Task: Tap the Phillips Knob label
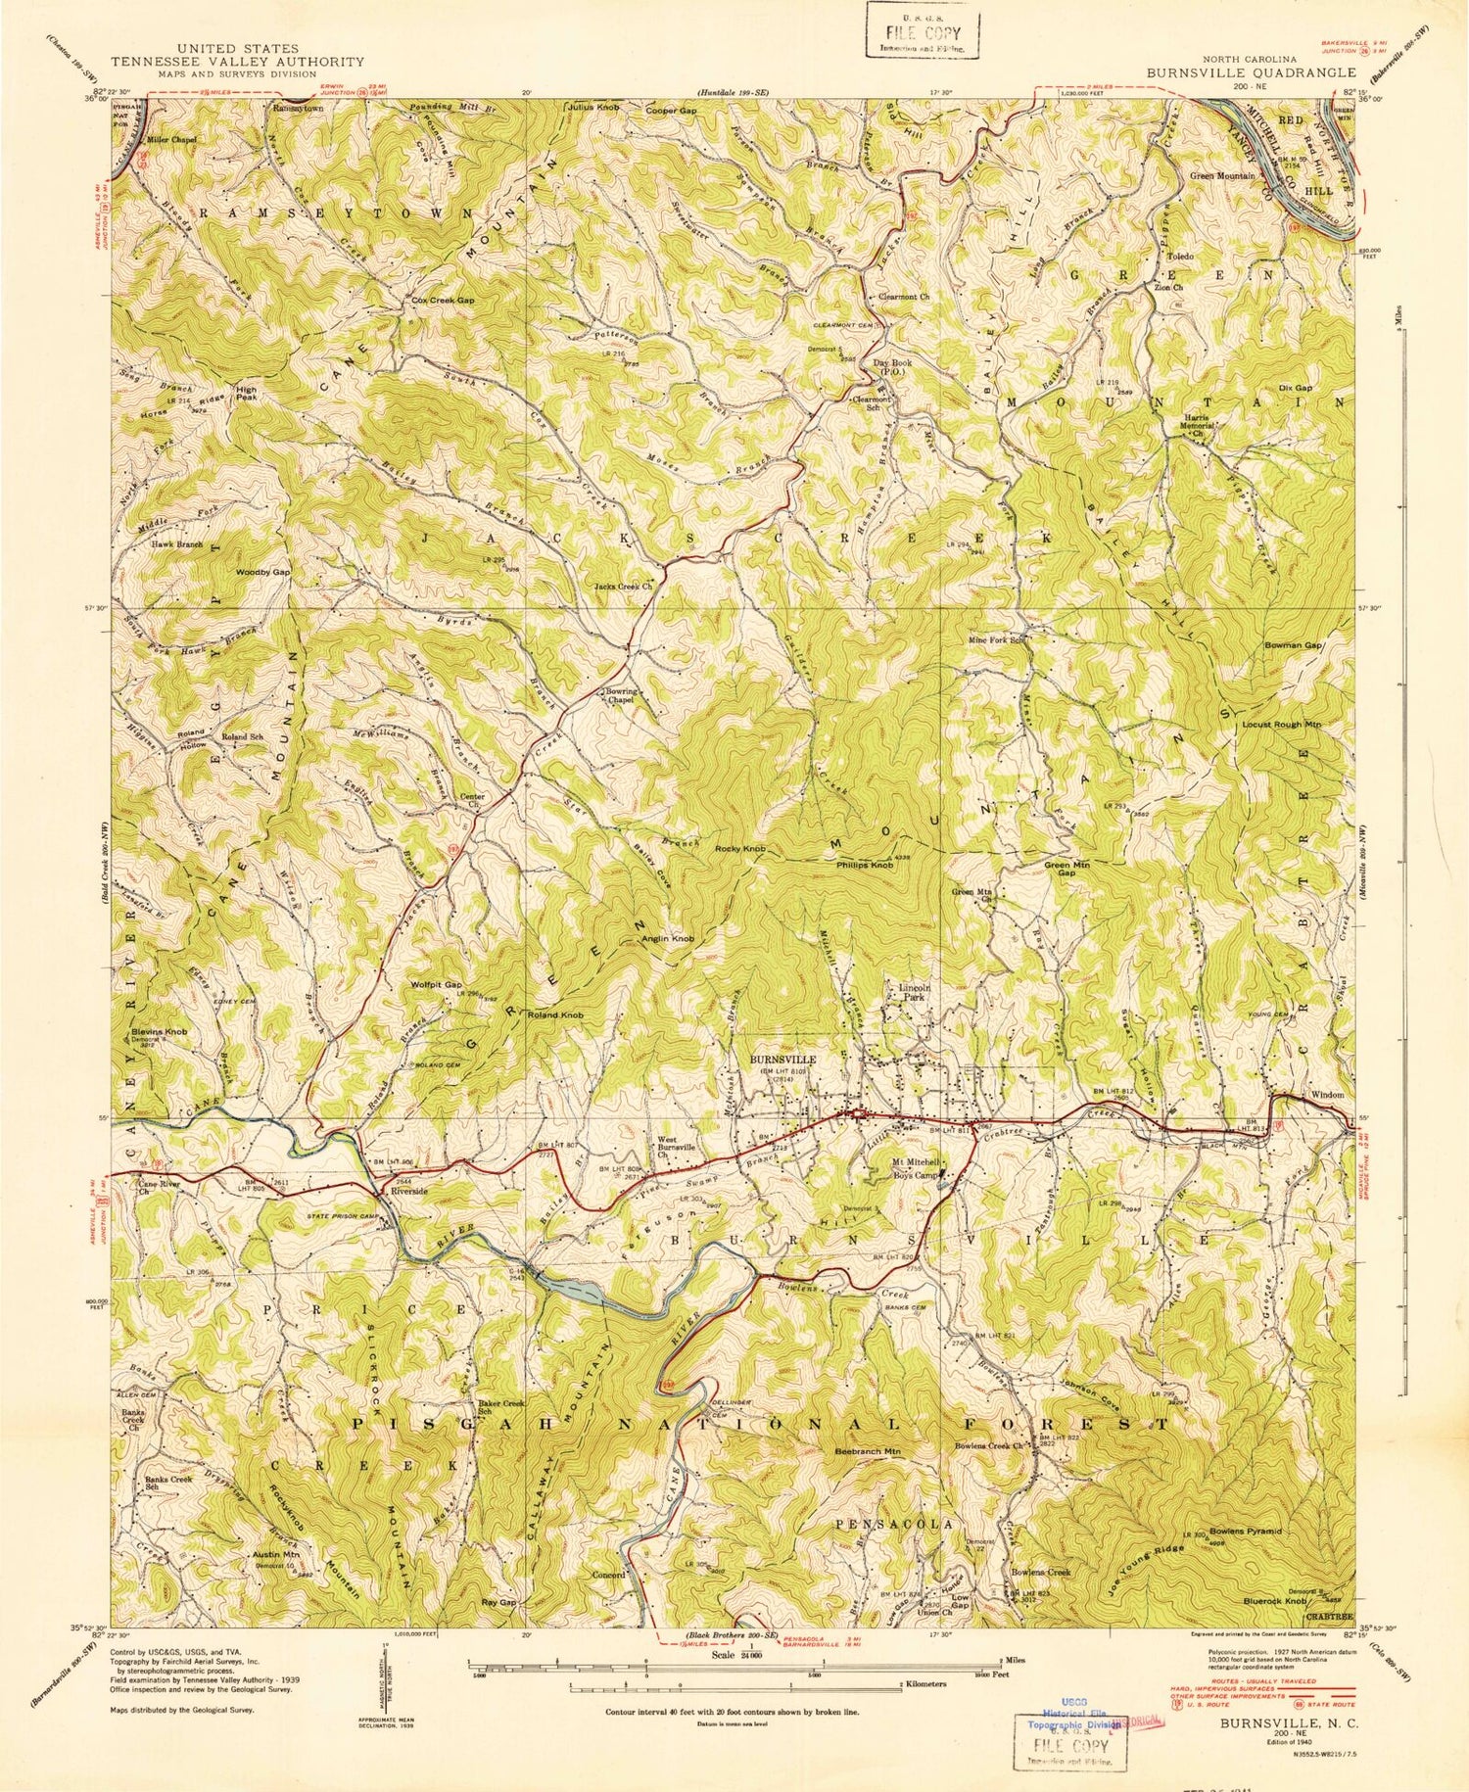point(864,866)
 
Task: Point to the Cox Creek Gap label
point(443,301)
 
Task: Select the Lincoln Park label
point(906,993)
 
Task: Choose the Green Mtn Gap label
point(1067,870)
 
